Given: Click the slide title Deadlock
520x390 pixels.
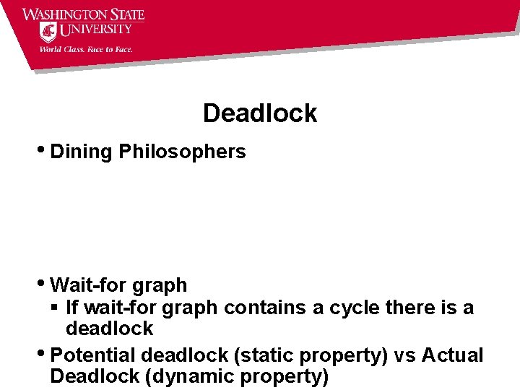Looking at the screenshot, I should coord(260,113).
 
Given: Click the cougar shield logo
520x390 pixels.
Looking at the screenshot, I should coord(48,32).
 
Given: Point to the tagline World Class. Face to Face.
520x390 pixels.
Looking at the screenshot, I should coord(85,50).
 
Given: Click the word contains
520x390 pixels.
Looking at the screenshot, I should coord(266,308).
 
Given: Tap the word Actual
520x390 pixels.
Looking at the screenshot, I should coord(452,355).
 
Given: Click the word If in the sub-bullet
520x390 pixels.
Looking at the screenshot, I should coord(72,308).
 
